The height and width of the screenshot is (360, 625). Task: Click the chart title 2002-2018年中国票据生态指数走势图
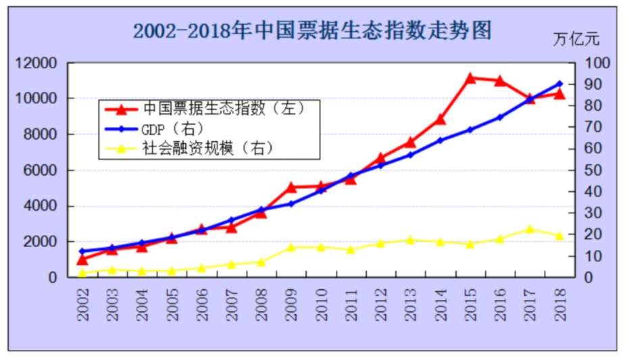[x=311, y=30]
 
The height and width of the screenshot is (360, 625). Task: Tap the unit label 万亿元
[x=576, y=38]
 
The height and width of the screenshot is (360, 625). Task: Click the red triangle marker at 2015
[x=470, y=78]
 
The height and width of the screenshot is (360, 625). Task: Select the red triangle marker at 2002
[x=82, y=259]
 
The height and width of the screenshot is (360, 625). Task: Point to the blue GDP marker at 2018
[x=559, y=84]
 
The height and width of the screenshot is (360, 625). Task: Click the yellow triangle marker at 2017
[x=530, y=230]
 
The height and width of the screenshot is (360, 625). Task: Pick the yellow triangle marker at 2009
[x=291, y=247]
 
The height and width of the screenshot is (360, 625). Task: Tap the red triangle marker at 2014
[x=441, y=120]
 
